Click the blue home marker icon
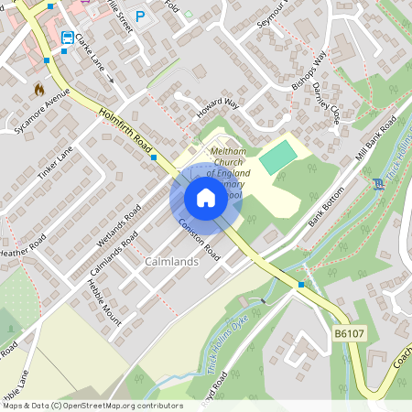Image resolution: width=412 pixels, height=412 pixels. pos(206,198)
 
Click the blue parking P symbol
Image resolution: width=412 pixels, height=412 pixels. pos(140,16)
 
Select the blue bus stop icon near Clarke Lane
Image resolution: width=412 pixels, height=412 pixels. pos(68,38)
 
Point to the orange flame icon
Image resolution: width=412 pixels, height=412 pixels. pos(38,89)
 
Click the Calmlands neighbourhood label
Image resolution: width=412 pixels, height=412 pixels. pos(171,262)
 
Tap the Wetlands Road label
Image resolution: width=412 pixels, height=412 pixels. pos(117,224)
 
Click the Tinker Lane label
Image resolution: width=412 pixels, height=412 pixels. pos(54,163)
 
